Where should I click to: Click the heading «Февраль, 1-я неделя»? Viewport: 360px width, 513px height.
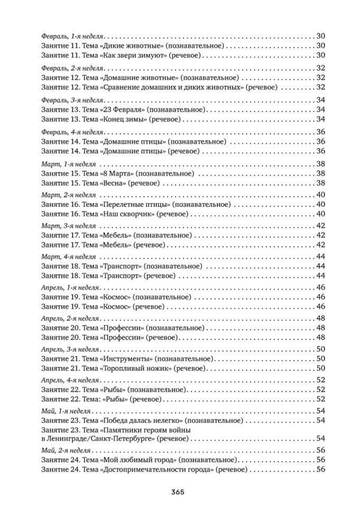point(72,35)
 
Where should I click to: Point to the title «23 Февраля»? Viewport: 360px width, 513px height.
point(123,109)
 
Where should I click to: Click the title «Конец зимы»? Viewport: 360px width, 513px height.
point(122,119)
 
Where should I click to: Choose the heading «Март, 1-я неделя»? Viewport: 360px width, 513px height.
point(68,163)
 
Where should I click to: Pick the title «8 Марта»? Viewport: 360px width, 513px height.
point(117,173)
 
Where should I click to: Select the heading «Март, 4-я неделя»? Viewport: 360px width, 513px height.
point(68,256)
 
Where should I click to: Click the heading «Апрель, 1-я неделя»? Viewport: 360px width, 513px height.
point(71,288)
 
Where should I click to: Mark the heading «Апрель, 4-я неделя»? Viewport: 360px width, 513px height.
point(71,380)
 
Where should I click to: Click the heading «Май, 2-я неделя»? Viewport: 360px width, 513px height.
point(66,450)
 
